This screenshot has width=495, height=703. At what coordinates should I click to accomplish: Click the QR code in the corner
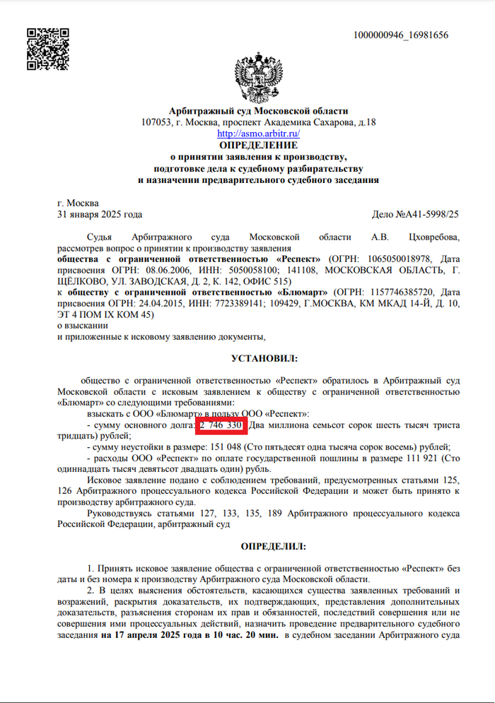47,49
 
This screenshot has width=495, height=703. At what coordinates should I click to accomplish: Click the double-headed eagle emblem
258,76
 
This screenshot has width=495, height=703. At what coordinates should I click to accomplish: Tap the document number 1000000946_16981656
400,35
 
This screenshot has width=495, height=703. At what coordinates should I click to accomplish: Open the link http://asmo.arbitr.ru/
258,133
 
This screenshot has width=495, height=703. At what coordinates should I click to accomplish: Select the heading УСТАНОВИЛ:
260,359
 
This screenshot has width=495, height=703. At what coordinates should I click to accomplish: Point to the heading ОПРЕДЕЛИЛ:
260,547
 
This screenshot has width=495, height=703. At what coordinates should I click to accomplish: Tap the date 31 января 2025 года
100,214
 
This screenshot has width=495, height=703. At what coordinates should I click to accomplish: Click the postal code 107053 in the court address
158,122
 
